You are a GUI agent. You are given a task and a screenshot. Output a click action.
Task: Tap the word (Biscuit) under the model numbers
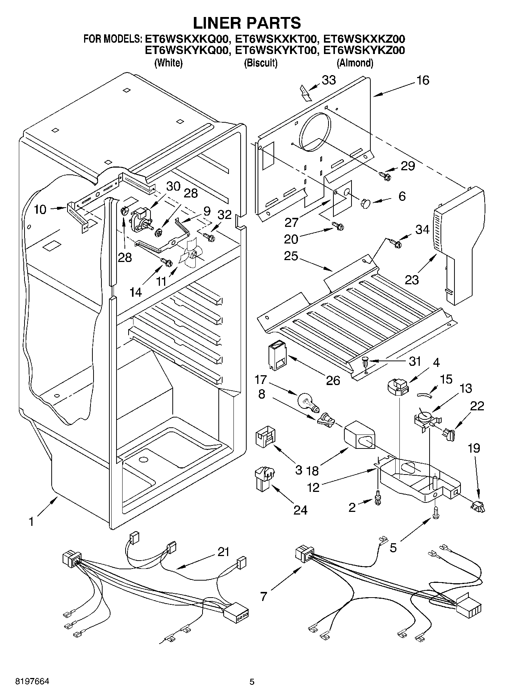(x=261, y=63)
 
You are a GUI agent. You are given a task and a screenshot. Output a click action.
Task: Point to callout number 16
(x=423, y=80)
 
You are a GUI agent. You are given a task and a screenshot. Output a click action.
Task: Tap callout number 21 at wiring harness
(x=223, y=552)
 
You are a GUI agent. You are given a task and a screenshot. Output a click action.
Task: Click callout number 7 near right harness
(x=263, y=596)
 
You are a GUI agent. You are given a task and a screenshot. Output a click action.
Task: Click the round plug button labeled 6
(x=365, y=203)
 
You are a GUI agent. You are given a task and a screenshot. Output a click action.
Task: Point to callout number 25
(x=292, y=256)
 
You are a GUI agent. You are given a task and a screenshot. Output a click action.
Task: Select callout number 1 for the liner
(x=31, y=522)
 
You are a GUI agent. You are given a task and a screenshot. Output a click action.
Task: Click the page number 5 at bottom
(x=252, y=682)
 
